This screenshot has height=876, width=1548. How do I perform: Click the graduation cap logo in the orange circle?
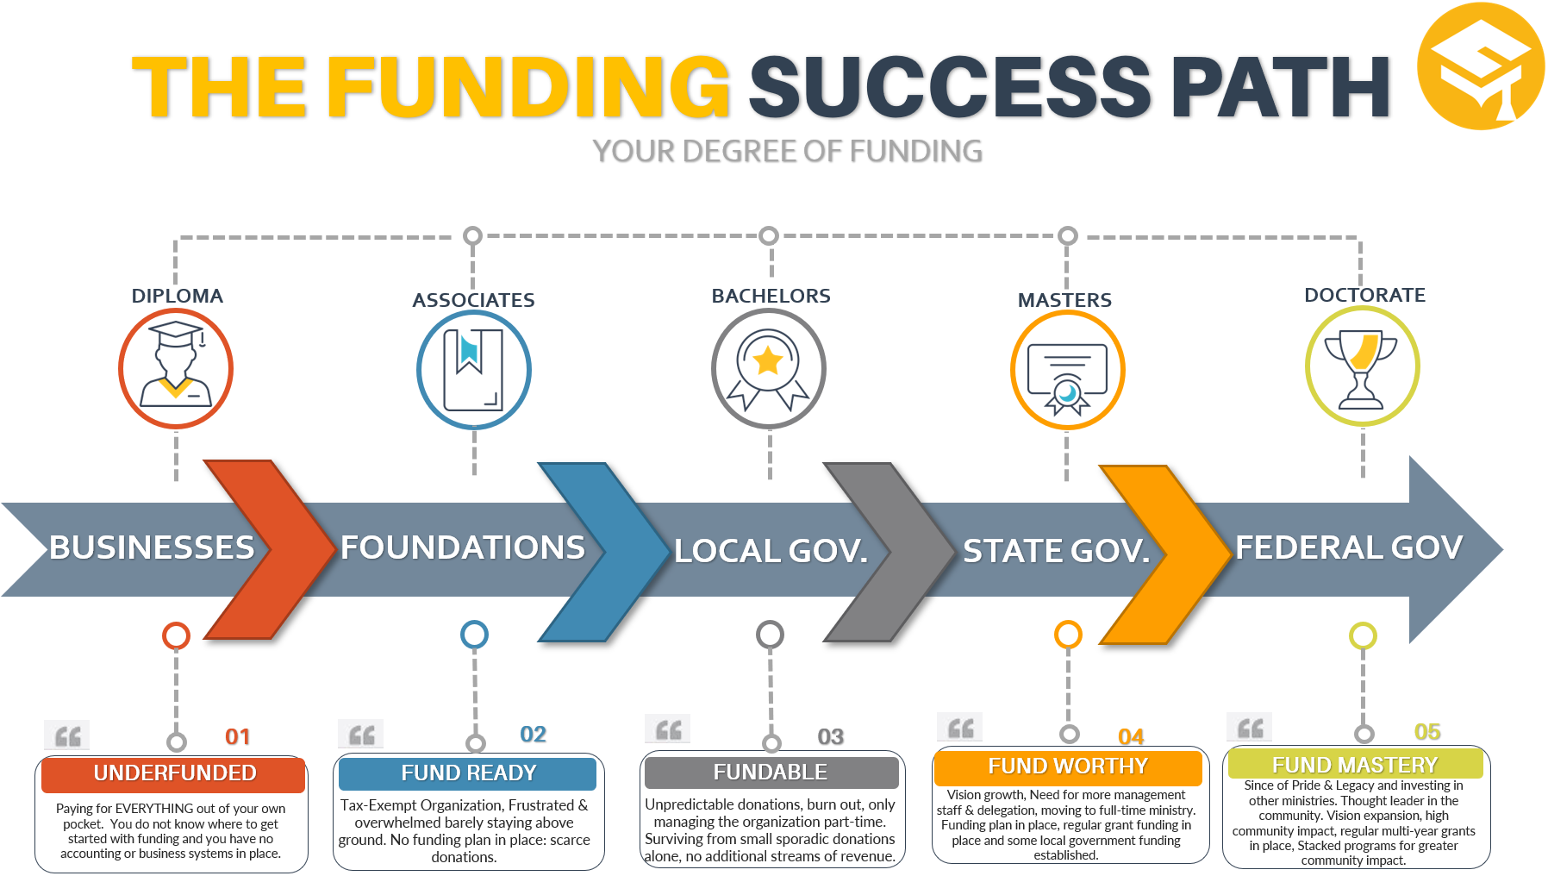tap(1481, 67)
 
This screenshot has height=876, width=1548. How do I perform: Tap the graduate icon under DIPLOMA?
tap(176, 368)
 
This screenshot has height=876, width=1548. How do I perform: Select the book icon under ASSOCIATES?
tap(473, 370)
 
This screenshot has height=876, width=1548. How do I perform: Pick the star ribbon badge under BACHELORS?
tap(769, 369)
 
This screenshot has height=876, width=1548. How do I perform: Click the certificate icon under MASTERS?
tap(1067, 371)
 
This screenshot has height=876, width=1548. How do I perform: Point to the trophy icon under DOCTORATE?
tap(1362, 366)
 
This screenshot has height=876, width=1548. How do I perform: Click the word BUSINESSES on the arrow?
tap(152, 547)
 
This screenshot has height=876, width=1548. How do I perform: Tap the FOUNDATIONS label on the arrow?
tap(463, 547)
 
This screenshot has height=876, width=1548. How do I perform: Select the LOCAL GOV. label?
tap(771, 551)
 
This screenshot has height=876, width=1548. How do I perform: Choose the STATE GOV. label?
tap(1057, 551)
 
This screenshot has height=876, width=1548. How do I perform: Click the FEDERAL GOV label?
tap(1349, 547)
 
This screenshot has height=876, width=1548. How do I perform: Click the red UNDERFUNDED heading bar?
tap(174, 773)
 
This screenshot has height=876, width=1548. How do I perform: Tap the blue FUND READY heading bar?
tap(468, 773)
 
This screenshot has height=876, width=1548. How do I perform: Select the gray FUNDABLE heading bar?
tap(771, 773)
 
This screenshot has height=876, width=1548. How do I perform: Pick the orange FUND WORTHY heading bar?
tap(1068, 766)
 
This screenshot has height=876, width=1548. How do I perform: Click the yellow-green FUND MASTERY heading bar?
tap(1355, 765)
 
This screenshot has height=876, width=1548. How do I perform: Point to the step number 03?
tap(830, 736)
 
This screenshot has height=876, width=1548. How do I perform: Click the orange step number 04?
tap(1131, 736)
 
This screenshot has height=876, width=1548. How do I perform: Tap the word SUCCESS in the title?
tap(949, 86)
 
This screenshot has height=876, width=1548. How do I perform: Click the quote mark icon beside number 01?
tap(67, 735)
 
